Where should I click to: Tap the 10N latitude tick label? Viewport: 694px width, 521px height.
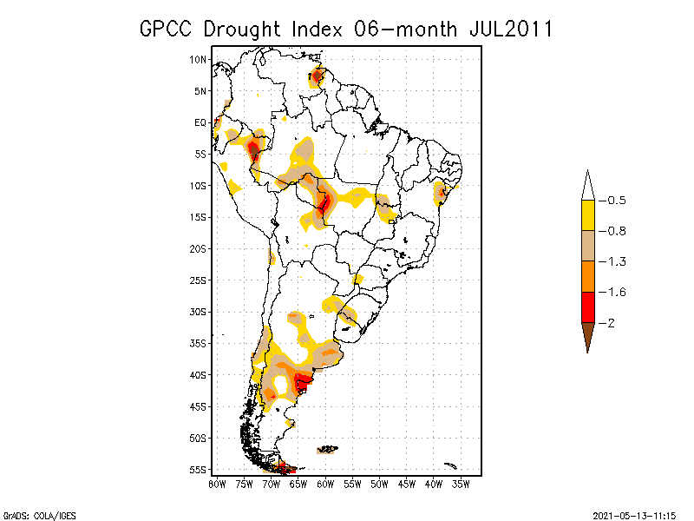click(199, 59)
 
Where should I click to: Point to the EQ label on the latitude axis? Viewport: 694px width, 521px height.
click(200, 122)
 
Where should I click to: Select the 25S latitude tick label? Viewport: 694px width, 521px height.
click(199, 280)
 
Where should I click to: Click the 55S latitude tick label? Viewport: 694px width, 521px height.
click(199, 469)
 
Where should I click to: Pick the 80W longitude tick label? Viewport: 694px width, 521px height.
click(216, 483)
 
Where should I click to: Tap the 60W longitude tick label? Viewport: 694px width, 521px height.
click(325, 483)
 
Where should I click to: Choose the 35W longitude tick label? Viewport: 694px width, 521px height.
click(462, 483)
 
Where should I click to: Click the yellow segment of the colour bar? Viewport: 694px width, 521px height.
click(587, 215)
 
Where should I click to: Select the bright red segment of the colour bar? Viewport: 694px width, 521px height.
click(587, 307)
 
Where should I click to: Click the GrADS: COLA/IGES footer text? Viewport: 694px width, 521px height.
click(31, 514)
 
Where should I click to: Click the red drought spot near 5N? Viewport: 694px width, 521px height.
click(318, 77)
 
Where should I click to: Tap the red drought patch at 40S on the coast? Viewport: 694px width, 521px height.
click(302, 379)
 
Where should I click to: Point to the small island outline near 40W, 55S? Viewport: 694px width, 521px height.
click(449, 465)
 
